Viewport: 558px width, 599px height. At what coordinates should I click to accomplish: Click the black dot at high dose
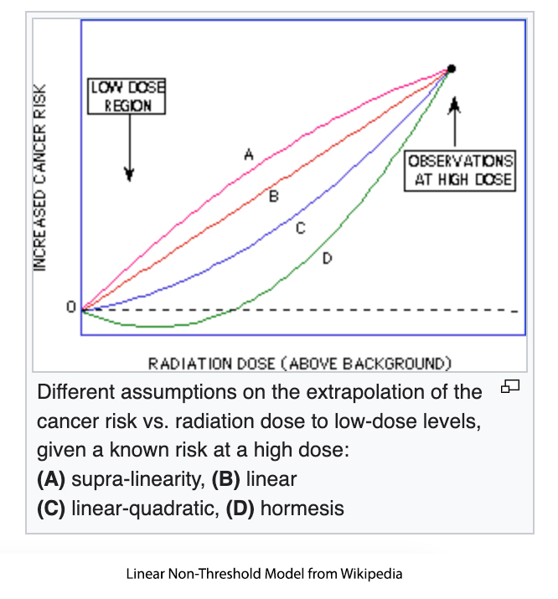452,68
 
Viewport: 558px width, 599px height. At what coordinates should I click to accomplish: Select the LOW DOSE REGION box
127,96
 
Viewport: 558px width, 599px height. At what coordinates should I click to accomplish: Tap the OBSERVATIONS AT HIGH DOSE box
460,170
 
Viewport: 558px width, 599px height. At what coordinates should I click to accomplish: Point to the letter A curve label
248,153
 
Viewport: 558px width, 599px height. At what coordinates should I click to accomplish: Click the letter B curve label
273,195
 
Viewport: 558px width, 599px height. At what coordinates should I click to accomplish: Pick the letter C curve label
300,227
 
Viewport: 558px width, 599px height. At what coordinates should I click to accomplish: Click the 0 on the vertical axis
71,308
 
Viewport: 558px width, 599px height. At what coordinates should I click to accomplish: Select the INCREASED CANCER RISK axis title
39,176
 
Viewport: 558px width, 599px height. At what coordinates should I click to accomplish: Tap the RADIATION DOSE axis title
300,363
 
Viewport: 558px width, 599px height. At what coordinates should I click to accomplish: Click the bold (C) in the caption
52,508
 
